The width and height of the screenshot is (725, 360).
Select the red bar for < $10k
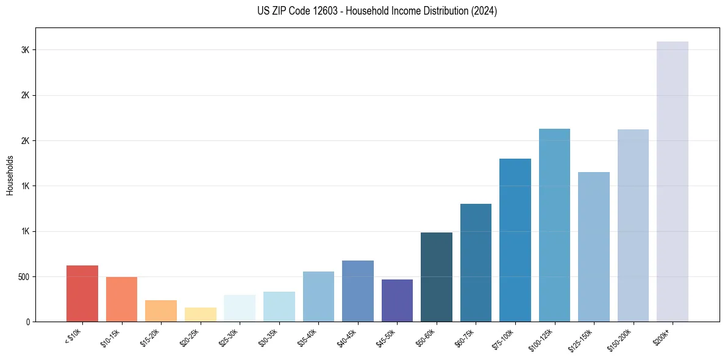tap(82, 293)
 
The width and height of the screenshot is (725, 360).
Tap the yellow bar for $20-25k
tap(201, 314)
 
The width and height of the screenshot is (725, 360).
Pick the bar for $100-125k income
tap(554, 225)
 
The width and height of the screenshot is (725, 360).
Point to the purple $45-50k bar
tap(397, 300)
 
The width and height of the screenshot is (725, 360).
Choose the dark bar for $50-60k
tap(437, 277)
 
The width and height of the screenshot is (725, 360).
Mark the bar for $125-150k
tap(594, 247)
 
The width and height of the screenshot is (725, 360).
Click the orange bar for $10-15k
tap(121, 299)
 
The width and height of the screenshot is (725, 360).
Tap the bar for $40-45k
tap(358, 291)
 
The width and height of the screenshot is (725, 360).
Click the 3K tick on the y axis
tap(26, 50)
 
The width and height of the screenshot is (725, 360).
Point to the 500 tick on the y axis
tap(24, 277)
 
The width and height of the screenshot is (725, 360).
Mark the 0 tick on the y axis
tap(28, 322)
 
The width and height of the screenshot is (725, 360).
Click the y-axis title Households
tap(10, 175)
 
